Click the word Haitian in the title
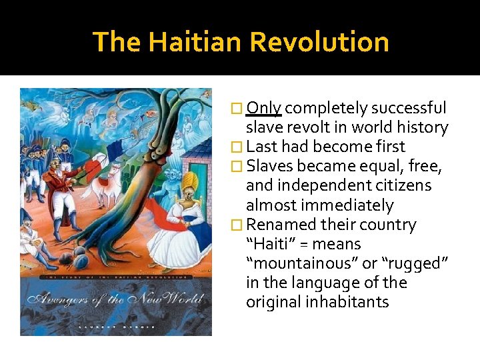(197, 42)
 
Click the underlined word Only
(264, 108)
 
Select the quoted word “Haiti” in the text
(271, 245)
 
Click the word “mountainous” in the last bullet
(301, 264)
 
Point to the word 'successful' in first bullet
(409, 108)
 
